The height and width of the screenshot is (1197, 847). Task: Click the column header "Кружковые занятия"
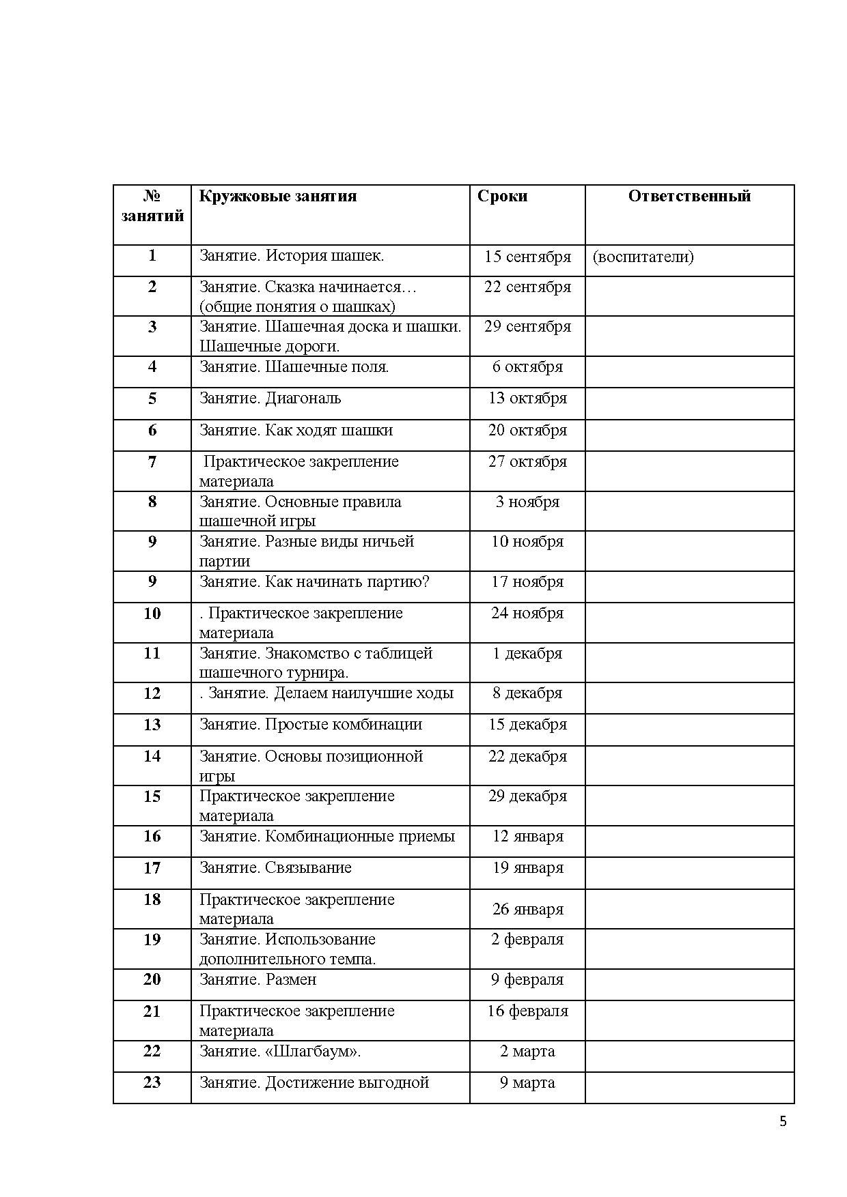pyautogui.click(x=277, y=197)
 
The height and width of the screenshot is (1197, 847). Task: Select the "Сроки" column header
pyautogui.click(x=502, y=197)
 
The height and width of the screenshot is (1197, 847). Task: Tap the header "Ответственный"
pyautogui.click(x=689, y=197)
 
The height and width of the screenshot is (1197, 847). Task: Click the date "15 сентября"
pyautogui.click(x=527, y=257)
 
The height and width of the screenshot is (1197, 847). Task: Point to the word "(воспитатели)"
pyautogui.click(x=643, y=257)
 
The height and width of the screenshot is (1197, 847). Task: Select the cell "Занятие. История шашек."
pyautogui.click(x=292, y=256)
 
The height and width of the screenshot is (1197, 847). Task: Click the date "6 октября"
pyautogui.click(x=527, y=367)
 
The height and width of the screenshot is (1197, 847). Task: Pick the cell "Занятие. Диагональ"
pyautogui.click(x=270, y=399)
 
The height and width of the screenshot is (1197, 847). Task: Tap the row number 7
pyautogui.click(x=152, y=462)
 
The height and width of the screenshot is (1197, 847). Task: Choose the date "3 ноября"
pyautogui.click(x=527, y=502)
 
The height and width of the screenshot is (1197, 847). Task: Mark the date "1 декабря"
pyautogui.click(x=527, y=654)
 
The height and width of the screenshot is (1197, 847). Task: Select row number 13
pyautogui.click(x=152, y=725)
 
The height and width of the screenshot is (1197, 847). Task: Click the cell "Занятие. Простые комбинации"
pyautogui.click(x=311, y=725)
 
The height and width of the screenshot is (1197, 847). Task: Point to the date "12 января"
pyautogui.click(x=527, y=837)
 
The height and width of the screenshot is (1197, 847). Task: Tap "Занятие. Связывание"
pyautogui.click(x=275, y=868)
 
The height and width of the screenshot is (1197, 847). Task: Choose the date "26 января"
pyautogui.click(x=527, y=910)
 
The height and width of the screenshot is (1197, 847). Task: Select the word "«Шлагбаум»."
pyautogui.click(x=312, y=1052)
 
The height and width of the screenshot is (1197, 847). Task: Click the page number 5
pyautogui.click(x=783, y=1121)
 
